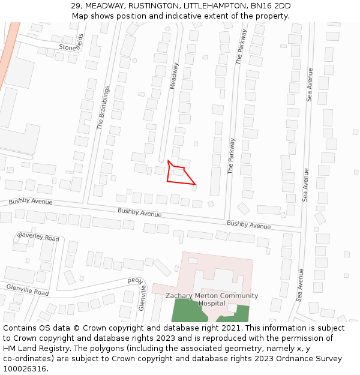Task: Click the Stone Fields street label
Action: click(x=71, y=43)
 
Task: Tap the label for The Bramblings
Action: click(x=104, y=108)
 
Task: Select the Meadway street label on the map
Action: click(x=174, y=76)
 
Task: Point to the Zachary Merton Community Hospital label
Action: click(x=212, y=299)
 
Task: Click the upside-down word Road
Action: click(x=136, y=280)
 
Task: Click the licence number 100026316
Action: click(x=25, y=369)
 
